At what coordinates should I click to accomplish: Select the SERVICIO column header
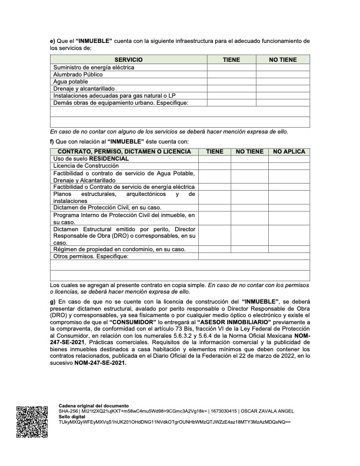[128, 60]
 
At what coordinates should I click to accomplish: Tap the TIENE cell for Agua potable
[231, 82]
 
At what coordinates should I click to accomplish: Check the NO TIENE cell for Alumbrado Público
[282, 75]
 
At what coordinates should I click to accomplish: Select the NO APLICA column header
[289, 152]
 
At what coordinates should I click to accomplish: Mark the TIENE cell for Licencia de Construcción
[214, 167]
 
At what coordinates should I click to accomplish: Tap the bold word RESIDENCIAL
[109, 159]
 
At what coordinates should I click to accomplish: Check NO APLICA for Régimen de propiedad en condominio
[289, 249]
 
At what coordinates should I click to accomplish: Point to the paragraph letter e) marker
[52, 41]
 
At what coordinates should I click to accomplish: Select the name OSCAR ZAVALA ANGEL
[275, 412]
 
